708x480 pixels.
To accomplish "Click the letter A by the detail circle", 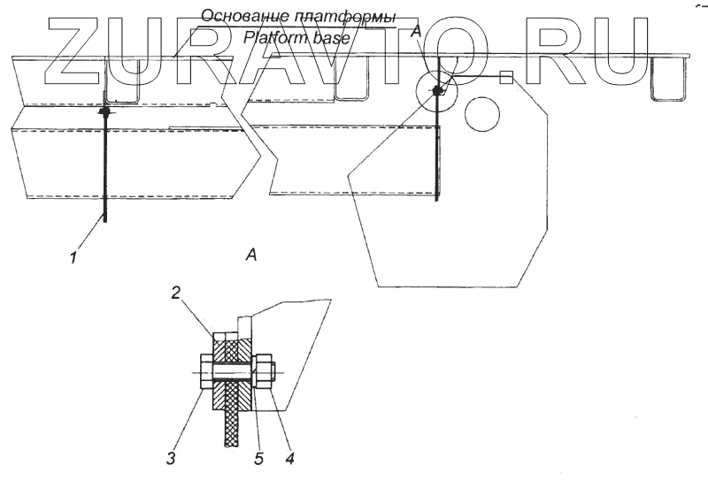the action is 417,33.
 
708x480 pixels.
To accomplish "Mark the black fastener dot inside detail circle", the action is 437,91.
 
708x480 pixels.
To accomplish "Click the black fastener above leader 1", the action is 104,112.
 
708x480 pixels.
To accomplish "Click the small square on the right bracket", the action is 504,78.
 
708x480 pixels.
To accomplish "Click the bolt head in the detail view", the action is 206,372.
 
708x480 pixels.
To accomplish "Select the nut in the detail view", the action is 263,370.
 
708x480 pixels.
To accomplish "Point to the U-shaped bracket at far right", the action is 669,81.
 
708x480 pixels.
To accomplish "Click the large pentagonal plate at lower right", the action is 451,221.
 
